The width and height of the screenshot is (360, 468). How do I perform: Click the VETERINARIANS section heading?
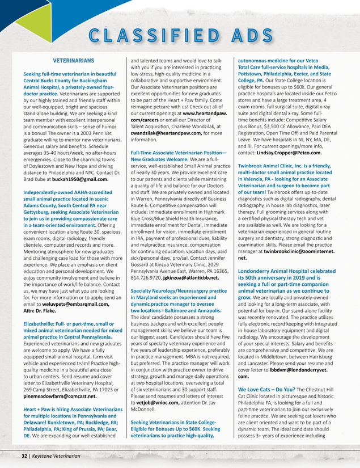tap(73, 60)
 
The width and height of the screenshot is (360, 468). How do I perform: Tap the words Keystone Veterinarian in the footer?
tap(56, 456)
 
